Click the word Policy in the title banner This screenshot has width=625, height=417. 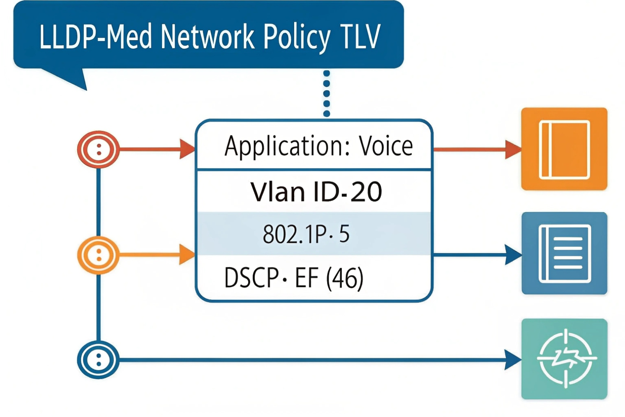coord(296,37)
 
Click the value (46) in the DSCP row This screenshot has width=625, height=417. coord(345,278)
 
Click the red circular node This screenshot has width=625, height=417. coord(99,149)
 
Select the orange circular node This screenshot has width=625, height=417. coord(99,255)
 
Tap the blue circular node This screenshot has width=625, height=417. coord(99,360)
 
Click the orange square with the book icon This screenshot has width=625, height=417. coord(564,149)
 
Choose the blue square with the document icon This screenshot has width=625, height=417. coord(564,253)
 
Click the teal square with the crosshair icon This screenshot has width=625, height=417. coord(564,359)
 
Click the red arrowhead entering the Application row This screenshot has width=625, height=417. coord(187,149)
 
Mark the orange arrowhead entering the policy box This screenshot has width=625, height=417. coord(187,255)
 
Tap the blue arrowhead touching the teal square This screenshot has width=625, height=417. coord(513,360)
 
